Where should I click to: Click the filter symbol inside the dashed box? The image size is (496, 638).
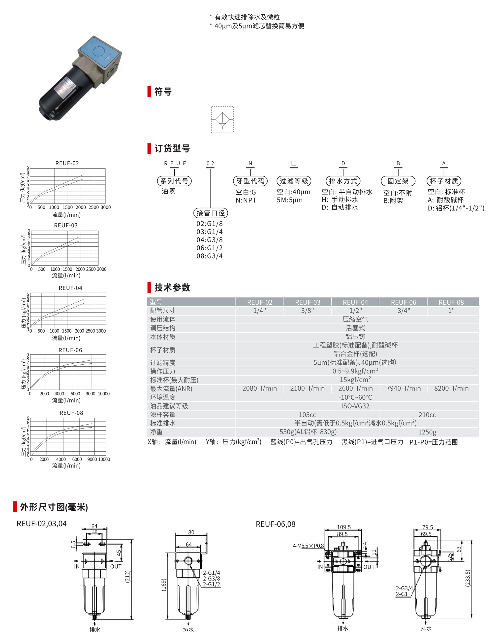point(222,120)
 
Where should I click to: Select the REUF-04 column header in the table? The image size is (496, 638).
point(355,302)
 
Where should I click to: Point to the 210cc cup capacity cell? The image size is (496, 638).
point(427,414)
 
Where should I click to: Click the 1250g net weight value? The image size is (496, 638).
point(427,432)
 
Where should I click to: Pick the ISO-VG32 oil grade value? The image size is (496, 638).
point(355,406)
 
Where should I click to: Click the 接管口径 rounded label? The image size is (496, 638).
point(211,213)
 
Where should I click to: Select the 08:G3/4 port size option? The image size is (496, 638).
point(210,256)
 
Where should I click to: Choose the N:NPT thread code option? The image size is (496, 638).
point(246,200)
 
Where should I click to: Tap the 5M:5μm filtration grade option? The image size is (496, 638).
point(290,200)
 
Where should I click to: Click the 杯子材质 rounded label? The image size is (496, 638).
point(444,181)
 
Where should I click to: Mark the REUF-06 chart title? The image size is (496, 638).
point(70,350)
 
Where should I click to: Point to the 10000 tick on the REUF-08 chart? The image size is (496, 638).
point(104,459)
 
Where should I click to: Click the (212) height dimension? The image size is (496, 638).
point(128,576)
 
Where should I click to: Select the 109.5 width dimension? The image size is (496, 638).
point(344,527)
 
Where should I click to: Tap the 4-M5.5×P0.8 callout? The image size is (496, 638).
point(308,546)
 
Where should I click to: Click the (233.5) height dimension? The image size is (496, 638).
point(468,578)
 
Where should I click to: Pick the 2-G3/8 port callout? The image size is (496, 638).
point(211,579)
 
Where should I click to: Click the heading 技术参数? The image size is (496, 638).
point(172,288)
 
